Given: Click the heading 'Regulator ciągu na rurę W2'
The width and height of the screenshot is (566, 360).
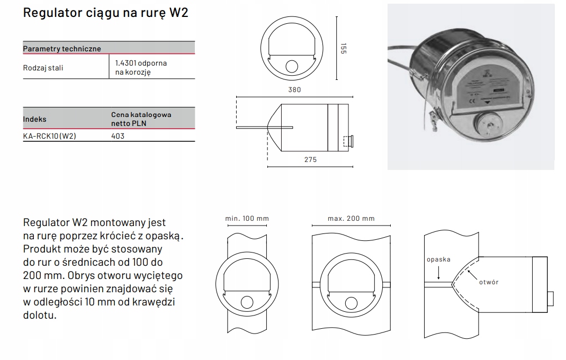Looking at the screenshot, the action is pos(106,13).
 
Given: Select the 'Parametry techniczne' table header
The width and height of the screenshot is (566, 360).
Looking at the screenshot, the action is pos(62,49).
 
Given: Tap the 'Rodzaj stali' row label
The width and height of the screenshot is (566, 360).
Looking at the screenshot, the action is pos(46,68).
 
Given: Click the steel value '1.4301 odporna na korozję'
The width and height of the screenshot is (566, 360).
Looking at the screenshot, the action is pos(141,67).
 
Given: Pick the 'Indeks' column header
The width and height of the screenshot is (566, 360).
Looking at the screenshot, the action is pos(35,119).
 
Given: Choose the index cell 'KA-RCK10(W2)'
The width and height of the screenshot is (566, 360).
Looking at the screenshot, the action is pos(50,136).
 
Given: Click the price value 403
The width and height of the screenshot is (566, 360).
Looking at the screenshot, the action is pos(118,136).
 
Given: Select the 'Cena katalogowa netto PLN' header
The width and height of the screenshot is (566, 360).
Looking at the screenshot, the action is pos(141,119).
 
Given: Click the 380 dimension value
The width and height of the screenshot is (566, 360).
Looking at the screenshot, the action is pos(294,90).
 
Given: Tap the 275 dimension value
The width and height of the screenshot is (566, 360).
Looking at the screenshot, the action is pos(311,159).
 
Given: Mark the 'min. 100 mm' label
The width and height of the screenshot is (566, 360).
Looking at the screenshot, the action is pos(247,218).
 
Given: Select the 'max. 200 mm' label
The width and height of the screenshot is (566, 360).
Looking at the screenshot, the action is pos(351,218).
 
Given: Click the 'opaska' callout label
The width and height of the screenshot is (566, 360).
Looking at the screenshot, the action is pos(438,259).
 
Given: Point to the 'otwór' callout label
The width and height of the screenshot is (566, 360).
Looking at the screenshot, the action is pos(488,282).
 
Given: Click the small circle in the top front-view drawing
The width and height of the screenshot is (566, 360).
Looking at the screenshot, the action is pos(292,66).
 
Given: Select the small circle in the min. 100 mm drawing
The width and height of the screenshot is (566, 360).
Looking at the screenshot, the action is pos(247,302).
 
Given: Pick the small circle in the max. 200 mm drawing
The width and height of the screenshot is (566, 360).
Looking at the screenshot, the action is pos(351,302).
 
